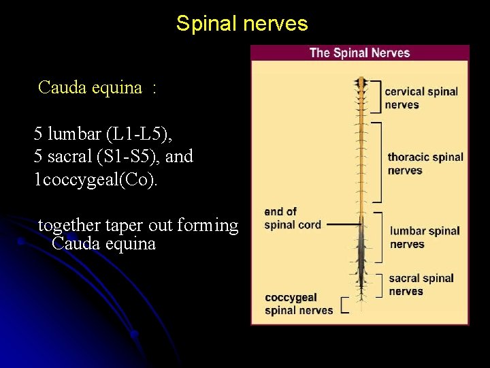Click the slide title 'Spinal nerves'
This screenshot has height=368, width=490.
(x=242, y=24)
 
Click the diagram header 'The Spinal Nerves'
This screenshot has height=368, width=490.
(x=359, y=52)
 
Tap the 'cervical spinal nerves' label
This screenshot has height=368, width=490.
(x=421, y=97)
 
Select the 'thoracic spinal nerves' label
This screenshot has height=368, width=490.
(x=425, y=164)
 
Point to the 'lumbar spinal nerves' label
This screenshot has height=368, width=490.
(x=425, y=237)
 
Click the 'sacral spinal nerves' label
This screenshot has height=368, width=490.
(x=421, y=284)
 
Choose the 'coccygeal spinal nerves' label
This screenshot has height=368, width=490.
(x=299, y=304)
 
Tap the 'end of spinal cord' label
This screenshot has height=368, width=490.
(x=292, y=218)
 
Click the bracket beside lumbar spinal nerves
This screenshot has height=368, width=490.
(x=380, y=237)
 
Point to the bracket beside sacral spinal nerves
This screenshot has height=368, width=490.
(x=380, y=283)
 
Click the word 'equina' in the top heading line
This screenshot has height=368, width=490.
(x=120, y=87)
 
